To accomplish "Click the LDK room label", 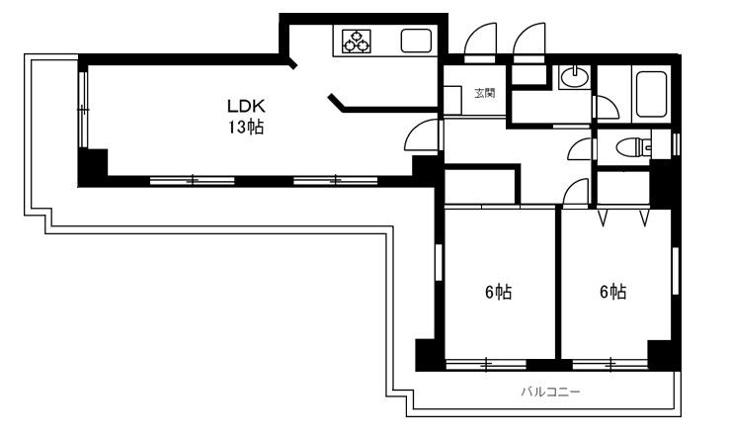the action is click(246, 106).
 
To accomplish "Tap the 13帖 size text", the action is click(246, 127).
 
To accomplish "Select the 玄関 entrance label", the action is click(485, 93).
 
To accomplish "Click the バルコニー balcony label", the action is click(550, 392).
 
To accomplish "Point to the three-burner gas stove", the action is click(357, 41).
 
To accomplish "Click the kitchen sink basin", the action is click(416, 41).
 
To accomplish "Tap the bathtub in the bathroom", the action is click(651, 94).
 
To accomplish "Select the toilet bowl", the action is click(632, 148).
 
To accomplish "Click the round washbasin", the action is click(575, 77).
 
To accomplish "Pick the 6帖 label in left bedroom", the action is click(499, 293).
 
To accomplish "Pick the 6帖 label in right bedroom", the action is click(612, 292).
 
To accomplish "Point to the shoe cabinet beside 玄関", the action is click(452, 100).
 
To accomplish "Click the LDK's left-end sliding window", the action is click(82, 110).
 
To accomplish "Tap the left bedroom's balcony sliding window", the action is click(486, 364).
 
